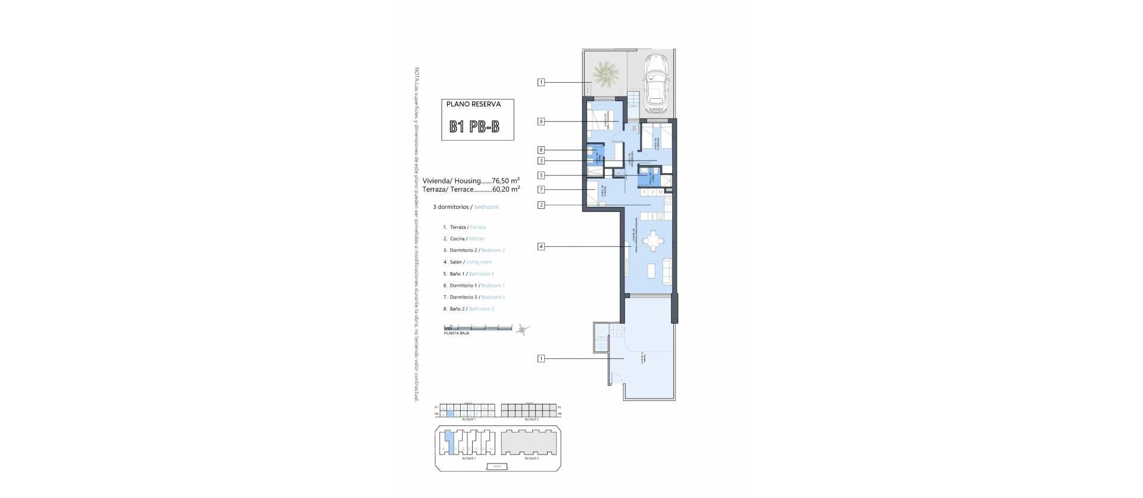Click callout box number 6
pyautogui.click(x=541, y=121)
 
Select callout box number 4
pyautogui.click(x=541, y=246)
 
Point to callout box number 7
pyautogui.click(x=541, y=190)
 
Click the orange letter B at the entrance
pyautogui.click(x=633, y=127)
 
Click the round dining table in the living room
pyautogui.click(x=654, y=242)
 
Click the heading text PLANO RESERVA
pyautogui.click(x=473, y=104)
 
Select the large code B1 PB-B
pyautogui.click(x=474, y=127)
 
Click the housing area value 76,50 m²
pyautogui.click(x=505, y=180)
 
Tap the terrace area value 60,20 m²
pyautogui.click(x=506, y=189)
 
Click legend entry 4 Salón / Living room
pyautogui.click(x=470, y=262)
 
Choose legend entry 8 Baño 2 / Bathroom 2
pyautogui.click(x=471, y=309)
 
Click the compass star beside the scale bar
pyautogui.click(x=523, y=328)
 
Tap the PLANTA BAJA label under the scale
pyautogui.click(x=457, y=333)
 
